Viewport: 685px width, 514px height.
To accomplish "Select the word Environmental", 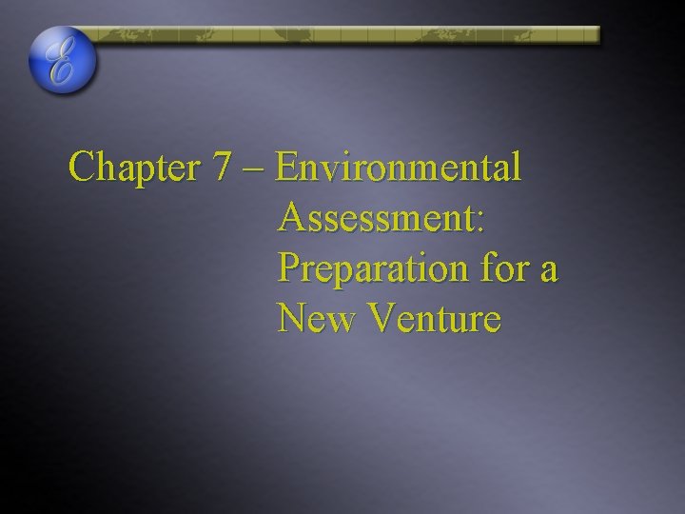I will click(x=399, y=168).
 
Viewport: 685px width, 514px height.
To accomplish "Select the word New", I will click(x=314, y=319).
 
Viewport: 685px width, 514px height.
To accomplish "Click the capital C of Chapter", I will click(x=83, y=168).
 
